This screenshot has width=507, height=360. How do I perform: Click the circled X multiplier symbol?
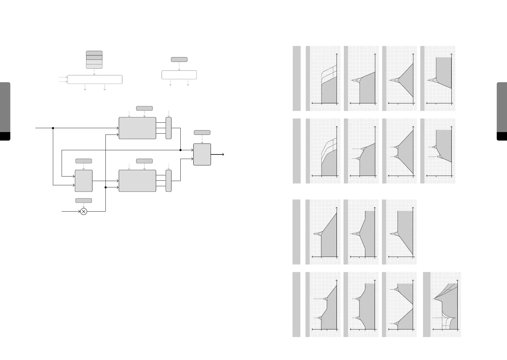(x=84, y=211)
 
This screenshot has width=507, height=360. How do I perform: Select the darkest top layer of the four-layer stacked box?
(x=94, y=53)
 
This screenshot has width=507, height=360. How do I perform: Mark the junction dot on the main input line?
(x=53, y=128)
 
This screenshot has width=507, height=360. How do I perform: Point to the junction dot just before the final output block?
(x=180, y=150)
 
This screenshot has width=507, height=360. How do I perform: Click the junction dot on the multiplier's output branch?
(x=105, y=187)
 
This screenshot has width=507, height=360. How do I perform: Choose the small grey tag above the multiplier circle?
(x=83, y=200)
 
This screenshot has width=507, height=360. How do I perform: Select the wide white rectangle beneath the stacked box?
(x=95, y=79)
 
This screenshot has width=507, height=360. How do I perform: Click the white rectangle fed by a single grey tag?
(x=179, y=75)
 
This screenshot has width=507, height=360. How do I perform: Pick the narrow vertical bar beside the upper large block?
(x=169, y=128)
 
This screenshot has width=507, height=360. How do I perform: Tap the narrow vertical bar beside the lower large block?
(x=169, y=181)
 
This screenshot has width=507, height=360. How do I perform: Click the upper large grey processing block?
(x=137, y=128)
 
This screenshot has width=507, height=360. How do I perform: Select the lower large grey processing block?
(x=137, y=181)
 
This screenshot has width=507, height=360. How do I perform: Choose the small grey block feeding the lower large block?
(x=84, y=181)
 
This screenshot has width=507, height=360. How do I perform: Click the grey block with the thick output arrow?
(x=202, y=154)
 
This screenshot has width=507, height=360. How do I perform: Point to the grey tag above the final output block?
(x=202, y=132)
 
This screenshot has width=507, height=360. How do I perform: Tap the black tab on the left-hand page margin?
(x=5, y=136)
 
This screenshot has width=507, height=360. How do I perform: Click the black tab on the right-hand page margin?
(x=502, y=136)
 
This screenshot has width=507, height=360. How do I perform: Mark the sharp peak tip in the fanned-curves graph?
(x=434, y=299)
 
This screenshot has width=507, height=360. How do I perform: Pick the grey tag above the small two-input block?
(x=83, y=161)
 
